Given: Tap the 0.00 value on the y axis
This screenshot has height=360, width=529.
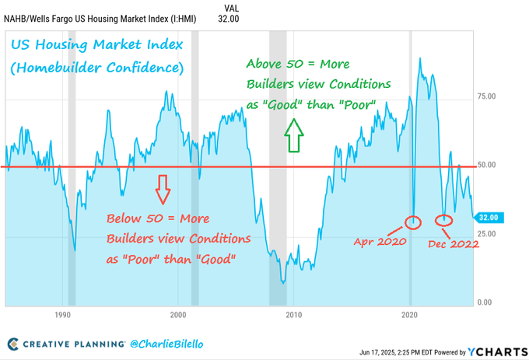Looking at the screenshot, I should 484,302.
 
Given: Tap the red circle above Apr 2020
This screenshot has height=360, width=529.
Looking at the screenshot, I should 414,222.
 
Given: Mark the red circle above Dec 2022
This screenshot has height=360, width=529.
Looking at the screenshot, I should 444,222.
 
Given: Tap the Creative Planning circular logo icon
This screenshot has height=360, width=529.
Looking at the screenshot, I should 13,344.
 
